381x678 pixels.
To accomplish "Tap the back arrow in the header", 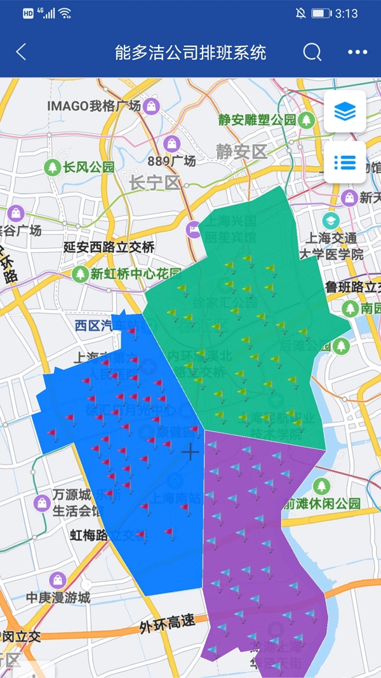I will pyautogui.click(x=21, y=52).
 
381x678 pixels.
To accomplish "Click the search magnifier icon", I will pyautogui.click(x=312, y=52).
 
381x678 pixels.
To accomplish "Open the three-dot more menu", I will pyautogui.click(x=358, y=52).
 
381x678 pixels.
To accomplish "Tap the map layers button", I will pyautogui.click(x=345, y=112).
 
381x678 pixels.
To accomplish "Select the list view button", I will pyautogui.click(x=345, y=162).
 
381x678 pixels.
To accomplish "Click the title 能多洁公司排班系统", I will pyautogui.click(x=190, y=52).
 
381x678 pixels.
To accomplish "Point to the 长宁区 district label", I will pyautogui.click(x=155, y=183).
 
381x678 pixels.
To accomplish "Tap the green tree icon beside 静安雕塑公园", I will pyautogui.click(x=307, y=119).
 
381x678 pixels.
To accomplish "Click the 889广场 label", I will pyautogui.click(x=171, y=161).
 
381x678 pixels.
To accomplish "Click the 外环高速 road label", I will pyautogui.click(x=168, y=623).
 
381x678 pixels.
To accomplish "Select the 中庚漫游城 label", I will pyautogui.click(x=58, y=597).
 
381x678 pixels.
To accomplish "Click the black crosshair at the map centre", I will pyautogui.click(x=190, y=452).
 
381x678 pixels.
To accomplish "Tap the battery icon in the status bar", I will pyautogui.click(x=321, y=13).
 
